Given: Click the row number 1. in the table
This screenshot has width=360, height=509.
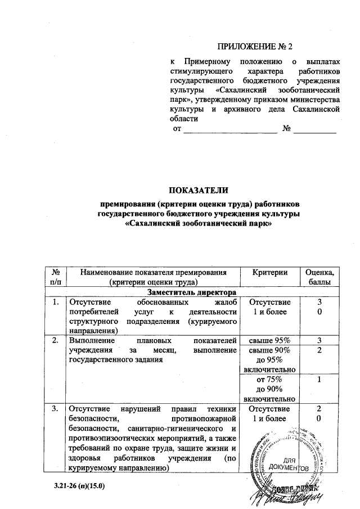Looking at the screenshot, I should click(x=55, y=303).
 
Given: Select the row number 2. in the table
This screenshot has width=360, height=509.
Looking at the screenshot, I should click(x=55, y=341).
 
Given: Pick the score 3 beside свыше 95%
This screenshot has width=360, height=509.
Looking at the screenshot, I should click(x=319, y=341).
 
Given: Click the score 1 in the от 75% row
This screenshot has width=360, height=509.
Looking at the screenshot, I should click(x=319, y=380).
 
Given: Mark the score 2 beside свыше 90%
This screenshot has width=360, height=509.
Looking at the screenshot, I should click(x=319, y=350).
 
